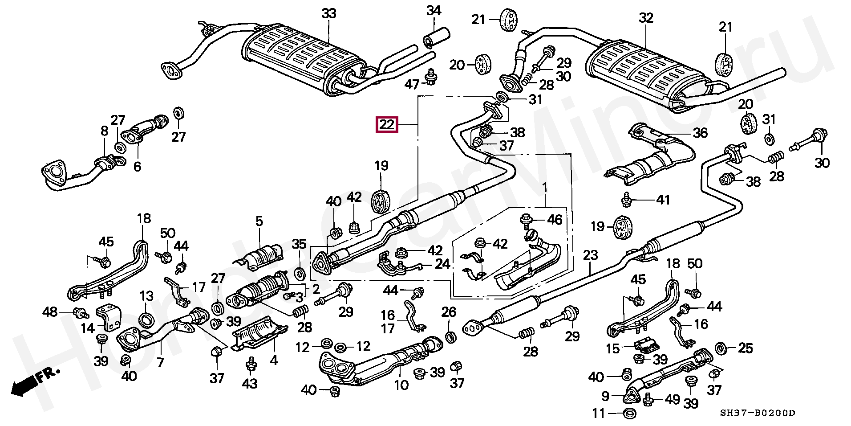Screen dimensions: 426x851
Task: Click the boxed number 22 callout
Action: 386,124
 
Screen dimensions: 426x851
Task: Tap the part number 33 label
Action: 329,14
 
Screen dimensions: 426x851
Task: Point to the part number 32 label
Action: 646,18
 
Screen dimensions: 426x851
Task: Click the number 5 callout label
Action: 259,221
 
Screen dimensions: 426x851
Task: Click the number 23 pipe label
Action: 590,255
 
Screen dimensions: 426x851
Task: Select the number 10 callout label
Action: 401,384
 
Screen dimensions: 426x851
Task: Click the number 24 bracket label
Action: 442,264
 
